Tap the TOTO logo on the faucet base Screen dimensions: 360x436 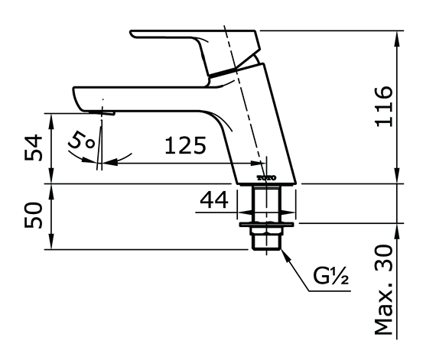[x=265, y=178]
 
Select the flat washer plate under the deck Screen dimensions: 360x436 [x=267, y=225]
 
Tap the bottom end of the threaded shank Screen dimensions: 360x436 [x=267, y=248]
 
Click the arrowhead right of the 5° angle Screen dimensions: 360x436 [x=108, y=162]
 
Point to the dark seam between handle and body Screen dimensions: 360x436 [x=233, y=70]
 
